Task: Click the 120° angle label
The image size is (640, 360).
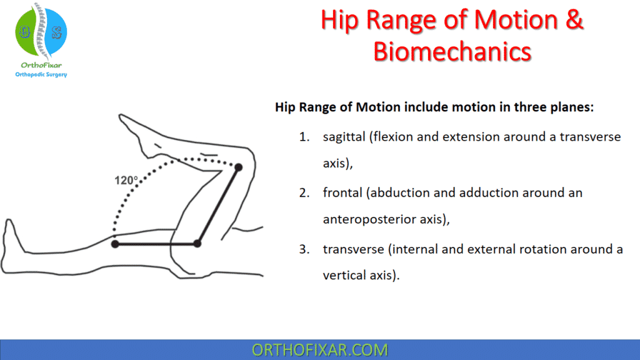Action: click(x=126, y=180)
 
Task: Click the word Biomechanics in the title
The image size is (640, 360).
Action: click(x=452, y=51)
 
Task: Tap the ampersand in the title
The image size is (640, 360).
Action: click(x=573, y=20)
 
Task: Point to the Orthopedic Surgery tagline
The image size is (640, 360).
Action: click(x=41, y=74)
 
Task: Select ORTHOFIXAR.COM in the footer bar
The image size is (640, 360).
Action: click(x=319, y=349)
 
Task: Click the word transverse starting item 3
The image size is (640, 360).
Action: click(x=353, y=249)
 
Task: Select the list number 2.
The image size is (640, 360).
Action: click(x=304, y=192)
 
